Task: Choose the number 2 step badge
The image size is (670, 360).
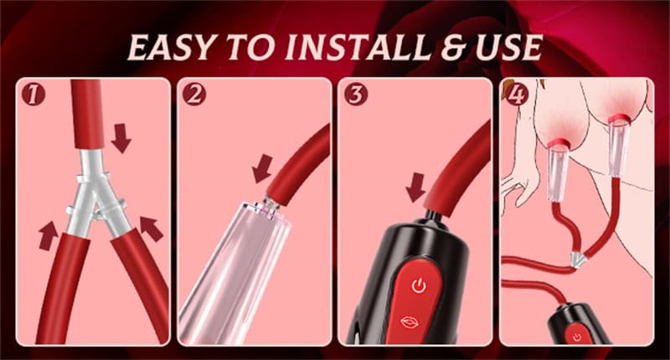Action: (193, 94)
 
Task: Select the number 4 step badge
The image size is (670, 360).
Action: (516, 94)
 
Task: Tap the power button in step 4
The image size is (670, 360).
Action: (577, 337)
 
